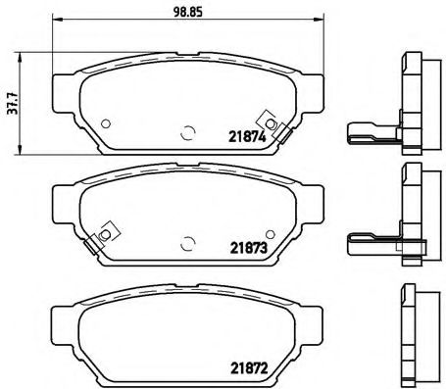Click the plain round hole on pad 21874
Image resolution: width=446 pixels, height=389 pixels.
[x=103, y=123]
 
